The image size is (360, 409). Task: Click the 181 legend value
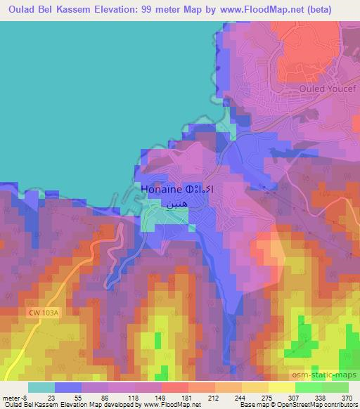[167, 397]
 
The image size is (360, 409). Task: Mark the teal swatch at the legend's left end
[41, 387]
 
